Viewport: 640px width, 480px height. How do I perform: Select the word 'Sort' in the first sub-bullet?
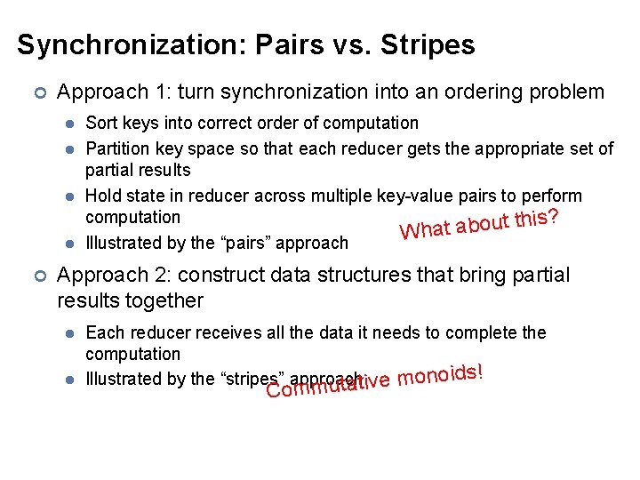point(100,123)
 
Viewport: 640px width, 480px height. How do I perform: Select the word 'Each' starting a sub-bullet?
point(103,332)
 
